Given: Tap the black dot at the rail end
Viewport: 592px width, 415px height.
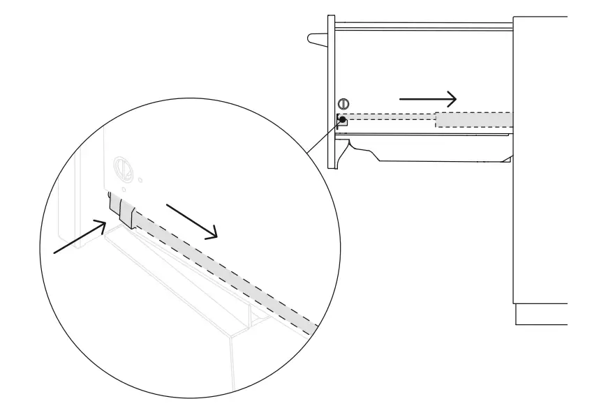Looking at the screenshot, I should (x=342, y=119).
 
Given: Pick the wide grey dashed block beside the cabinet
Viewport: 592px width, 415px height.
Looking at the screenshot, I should (x=473, y=119).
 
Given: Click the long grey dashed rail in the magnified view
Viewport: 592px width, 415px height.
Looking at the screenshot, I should (x=223, y=272).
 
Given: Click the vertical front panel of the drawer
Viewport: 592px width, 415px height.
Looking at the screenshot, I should (x=331, y=91).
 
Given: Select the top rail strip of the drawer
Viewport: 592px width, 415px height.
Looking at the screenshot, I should (x=422, y=26).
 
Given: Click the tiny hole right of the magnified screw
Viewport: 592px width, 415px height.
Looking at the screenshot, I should (x=142, y=179).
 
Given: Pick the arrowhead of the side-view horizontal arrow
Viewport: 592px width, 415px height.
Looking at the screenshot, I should (x=452, y=98).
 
